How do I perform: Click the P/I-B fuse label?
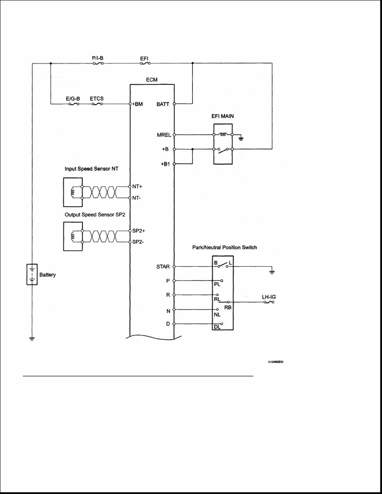(97, 58)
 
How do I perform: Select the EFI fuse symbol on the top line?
(144, 63)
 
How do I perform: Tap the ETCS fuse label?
(96, 98)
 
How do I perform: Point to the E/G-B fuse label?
(73, 98)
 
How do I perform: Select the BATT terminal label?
(163, 105)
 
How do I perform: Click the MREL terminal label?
(162, 134)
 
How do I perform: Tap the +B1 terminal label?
(165, 164)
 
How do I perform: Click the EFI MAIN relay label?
(223, 116)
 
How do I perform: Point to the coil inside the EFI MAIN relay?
(223, 134)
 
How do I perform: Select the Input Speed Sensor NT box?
(73, 192)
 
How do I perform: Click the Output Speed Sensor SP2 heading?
(92, 215)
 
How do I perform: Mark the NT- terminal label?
(137, 198)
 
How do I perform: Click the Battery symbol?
(32, 274)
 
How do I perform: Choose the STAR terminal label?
(163, 267)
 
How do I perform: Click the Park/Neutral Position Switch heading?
(224, 247)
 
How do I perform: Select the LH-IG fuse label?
(268, 297)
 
